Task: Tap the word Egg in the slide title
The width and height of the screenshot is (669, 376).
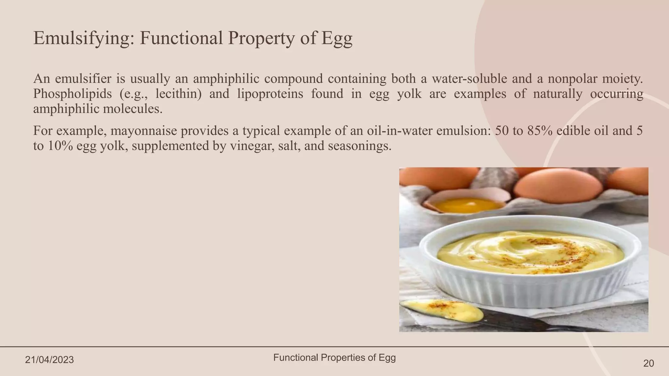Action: [337, 38]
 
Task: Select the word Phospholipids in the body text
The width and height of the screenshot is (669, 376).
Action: [72, 94]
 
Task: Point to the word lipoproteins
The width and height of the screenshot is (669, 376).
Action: [270, 94]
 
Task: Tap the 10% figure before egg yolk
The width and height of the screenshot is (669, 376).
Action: [60, 146]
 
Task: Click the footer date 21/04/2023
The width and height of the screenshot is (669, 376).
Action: [49, 360]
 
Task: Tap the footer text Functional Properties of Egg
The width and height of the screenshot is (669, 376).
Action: [334, 358]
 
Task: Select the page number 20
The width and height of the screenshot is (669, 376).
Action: [648, 363]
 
